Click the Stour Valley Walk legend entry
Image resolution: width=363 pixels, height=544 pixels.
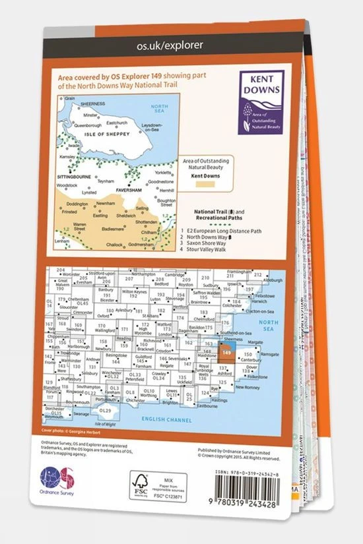coord(209,251)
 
